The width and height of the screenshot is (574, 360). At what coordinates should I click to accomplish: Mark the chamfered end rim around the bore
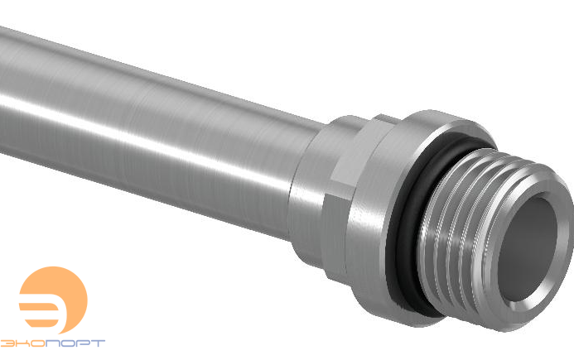530,273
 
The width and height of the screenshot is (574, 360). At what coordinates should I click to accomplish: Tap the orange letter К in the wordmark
23,342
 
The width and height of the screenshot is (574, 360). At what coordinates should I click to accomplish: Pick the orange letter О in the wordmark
38,342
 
